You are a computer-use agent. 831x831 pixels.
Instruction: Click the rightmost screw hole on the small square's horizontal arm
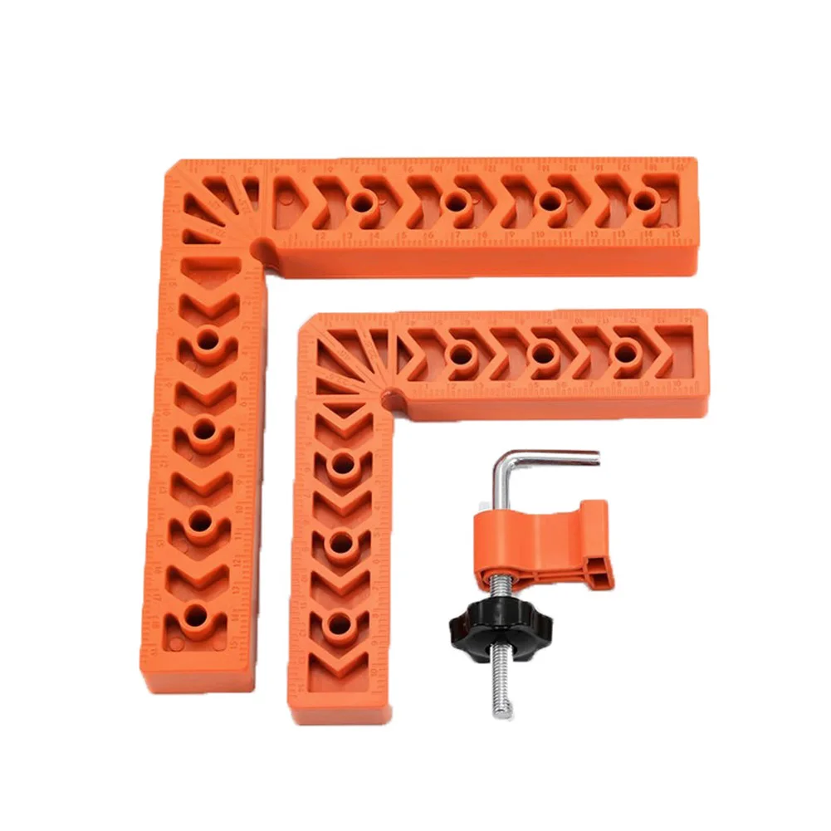[625, 352]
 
